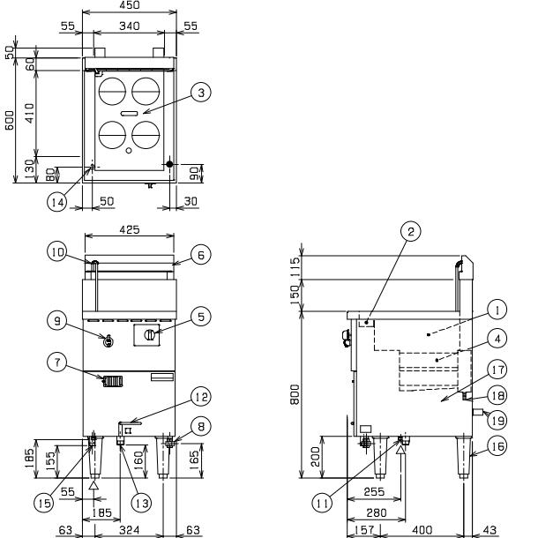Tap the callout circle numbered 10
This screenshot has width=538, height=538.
point(56,253)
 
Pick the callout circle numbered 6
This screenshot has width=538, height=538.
point(200,254)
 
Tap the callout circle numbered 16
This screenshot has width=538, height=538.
point(498,448)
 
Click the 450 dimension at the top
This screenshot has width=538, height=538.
point(129,5)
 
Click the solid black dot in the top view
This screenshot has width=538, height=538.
point(169,164)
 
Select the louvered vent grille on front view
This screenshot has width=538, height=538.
point(111,382)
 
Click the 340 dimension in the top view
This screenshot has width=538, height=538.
point(129,27)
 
